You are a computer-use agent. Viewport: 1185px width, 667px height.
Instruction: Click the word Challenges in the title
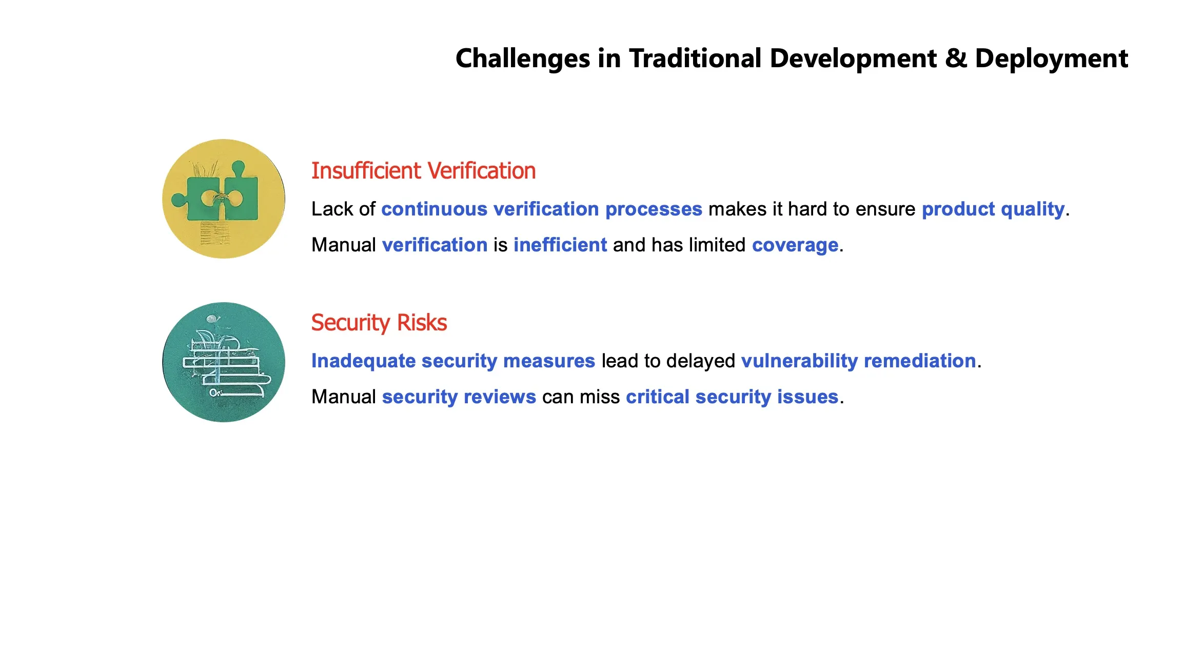[523, 59]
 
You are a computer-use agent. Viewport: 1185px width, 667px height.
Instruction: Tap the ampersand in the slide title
[956, 58]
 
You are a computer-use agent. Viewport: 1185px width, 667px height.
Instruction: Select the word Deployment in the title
[1051, 59]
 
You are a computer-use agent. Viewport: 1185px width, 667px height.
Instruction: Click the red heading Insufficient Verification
[423, 171]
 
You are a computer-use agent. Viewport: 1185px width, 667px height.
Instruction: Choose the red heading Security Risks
[379, 323]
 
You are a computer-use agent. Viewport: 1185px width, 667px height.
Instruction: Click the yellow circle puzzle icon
[224, 199]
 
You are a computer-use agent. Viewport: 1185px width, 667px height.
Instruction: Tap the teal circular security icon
[224, 362]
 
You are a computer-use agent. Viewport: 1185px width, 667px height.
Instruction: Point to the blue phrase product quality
[993, 209]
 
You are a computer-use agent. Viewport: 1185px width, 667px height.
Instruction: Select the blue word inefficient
[560, 245]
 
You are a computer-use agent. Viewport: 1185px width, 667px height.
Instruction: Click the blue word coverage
[795, 245]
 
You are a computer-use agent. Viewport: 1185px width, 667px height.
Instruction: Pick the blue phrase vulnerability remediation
[858, 361]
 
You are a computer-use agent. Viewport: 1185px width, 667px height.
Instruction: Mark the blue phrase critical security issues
[732, 397]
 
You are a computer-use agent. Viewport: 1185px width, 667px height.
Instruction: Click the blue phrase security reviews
[459, 397]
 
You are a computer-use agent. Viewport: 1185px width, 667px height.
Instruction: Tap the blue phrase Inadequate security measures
[453, 361]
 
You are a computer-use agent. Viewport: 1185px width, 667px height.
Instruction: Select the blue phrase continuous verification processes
[542, 209]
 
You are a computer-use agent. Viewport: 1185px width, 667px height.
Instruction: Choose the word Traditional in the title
[696, 58]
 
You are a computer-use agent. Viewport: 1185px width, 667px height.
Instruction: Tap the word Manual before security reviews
[344, 397]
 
